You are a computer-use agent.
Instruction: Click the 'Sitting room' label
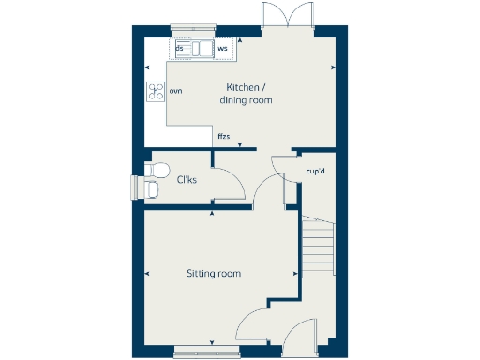point(213,274)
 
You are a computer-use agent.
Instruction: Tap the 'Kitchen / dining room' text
point(246,93)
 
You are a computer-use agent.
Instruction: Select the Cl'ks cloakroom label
point(187,179)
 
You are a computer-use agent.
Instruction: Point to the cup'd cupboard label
point(315,171)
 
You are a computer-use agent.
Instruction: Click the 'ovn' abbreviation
point(175,91)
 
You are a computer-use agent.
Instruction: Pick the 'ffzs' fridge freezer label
point(223,137)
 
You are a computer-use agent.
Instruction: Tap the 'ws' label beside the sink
point(222,47)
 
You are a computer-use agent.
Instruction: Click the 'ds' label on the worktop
point(178,46)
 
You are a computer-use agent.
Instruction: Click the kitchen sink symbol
point(201,48)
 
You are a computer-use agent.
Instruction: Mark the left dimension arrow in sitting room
point(147,274)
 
